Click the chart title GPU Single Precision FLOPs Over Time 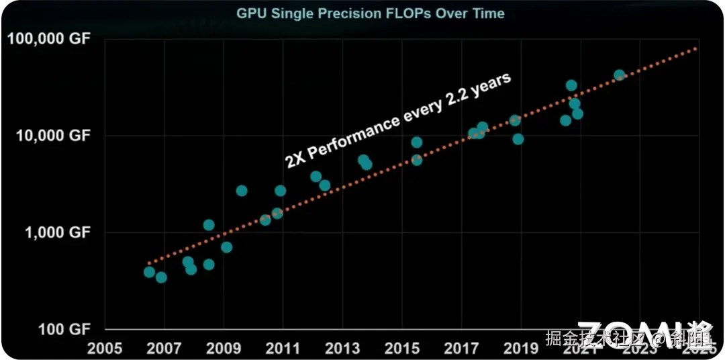[x=370, y=13]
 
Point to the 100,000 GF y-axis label [x=50, y=38]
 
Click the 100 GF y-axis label [x=64, y=330]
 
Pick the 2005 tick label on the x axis [x=105, y=349]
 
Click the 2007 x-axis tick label [x=164, y=349]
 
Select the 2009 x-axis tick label [x=224, y=349]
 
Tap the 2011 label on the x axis [x=283, y=349]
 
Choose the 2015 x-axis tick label [x=401, y=349]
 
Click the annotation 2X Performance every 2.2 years [x=398, y=120]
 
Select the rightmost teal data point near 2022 [x=620, y=75]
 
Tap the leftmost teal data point [x=149, y=272]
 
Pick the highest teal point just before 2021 [x=571, y=85]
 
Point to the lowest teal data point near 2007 [x=161, y=277]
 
